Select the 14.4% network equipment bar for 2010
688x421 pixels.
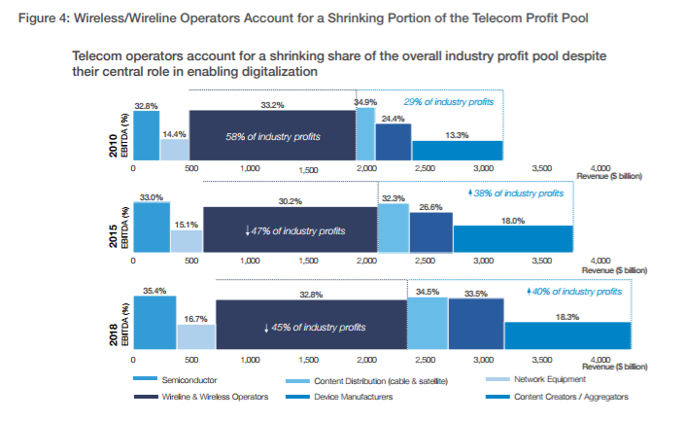tap(175, 149)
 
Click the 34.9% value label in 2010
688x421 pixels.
tap(365, 101)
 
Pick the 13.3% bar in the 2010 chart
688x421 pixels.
tap(458, 149)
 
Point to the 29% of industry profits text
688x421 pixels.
tap(448, 102)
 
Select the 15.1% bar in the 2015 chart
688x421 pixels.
tap(187, 241)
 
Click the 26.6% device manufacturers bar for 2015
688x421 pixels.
tap(430, 233)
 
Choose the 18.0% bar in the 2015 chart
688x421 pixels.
tap(512, 238)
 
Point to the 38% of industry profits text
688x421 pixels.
tap(516, 193)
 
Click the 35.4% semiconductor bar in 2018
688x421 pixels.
tap(155, 322)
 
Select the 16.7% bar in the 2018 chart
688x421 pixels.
tap(195, 335)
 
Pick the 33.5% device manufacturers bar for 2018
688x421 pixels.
tap(475, 323)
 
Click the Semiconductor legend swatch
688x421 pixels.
tap(144, 380)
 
